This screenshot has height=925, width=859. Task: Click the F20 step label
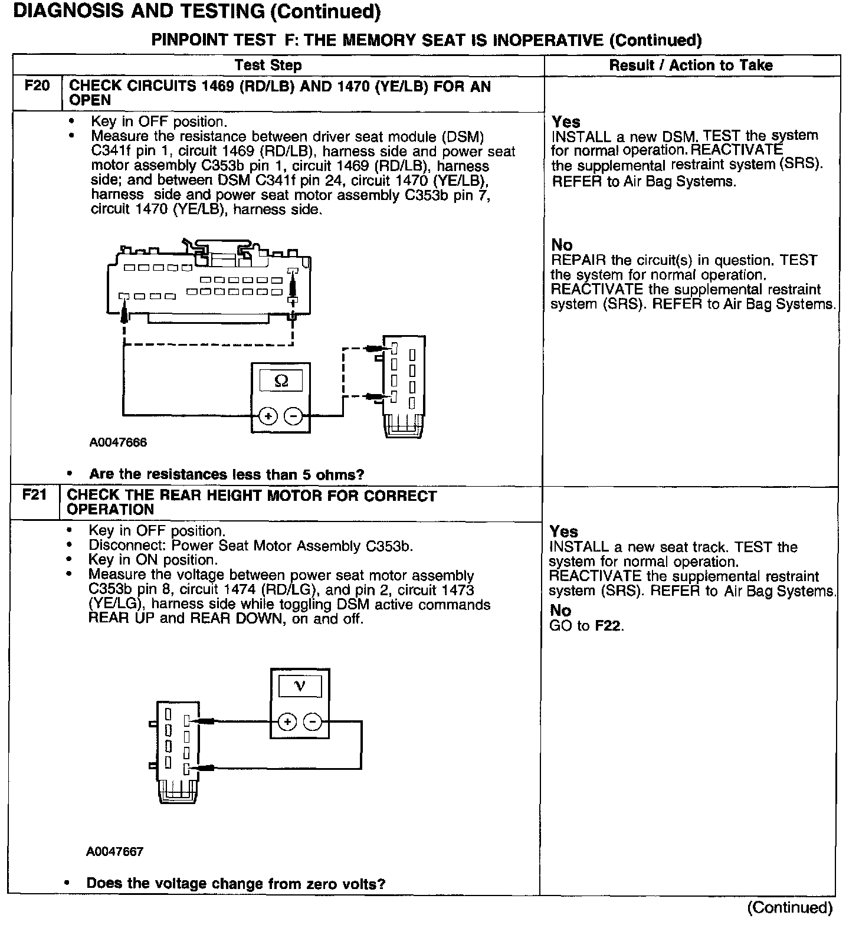(37, 86)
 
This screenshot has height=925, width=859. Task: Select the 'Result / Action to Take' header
(691, 65)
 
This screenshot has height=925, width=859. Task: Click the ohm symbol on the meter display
(281, 382)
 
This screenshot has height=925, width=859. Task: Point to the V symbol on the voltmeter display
(299, 686)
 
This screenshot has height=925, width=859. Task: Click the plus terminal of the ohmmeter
(268, 416)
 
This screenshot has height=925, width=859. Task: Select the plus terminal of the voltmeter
(287, 721)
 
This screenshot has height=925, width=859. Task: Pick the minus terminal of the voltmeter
(313, 721)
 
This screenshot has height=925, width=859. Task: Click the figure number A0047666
(119, 442)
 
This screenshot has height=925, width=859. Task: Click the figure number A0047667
(114, 852)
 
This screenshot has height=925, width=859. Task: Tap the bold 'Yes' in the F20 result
(566, 122)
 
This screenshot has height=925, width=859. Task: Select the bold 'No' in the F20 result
(562, 245)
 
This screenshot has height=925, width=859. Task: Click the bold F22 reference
(608, 626)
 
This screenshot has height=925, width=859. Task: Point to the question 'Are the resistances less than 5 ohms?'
(227, 474)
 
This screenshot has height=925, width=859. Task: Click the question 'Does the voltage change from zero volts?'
(236, 883)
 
